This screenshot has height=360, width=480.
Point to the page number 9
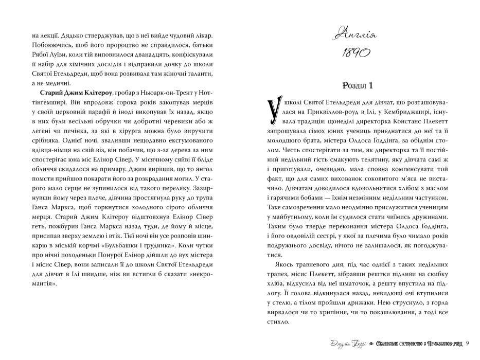point(474,344)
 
